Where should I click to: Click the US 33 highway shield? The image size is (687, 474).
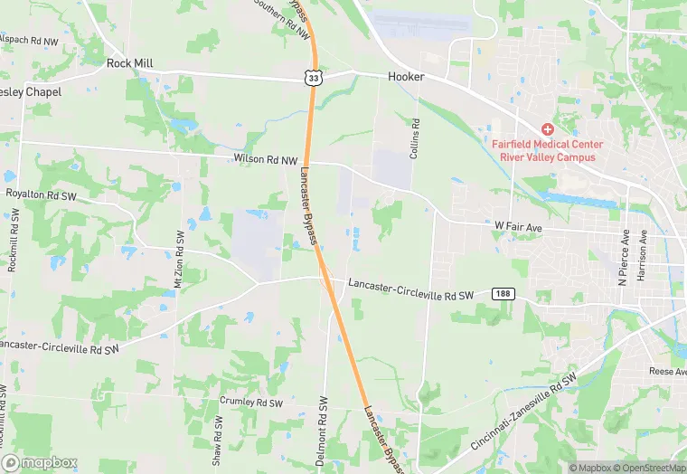click(313, 79)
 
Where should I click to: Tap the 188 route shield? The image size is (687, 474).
click(503, 294)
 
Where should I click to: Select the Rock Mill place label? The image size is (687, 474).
click(130, 63)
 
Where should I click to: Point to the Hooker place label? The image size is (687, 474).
click(406, 77)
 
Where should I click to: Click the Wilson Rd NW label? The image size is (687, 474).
click(265, 159)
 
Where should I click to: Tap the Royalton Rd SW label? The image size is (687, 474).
click(42, 194)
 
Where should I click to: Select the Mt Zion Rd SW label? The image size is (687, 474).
click(179, 259)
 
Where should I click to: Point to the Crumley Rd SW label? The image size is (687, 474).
click(251, 402)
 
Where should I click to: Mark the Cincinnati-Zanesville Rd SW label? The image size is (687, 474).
click(523, 412)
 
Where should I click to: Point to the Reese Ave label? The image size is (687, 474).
click(667, 372)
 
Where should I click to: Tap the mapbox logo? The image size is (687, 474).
click(40, 462)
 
